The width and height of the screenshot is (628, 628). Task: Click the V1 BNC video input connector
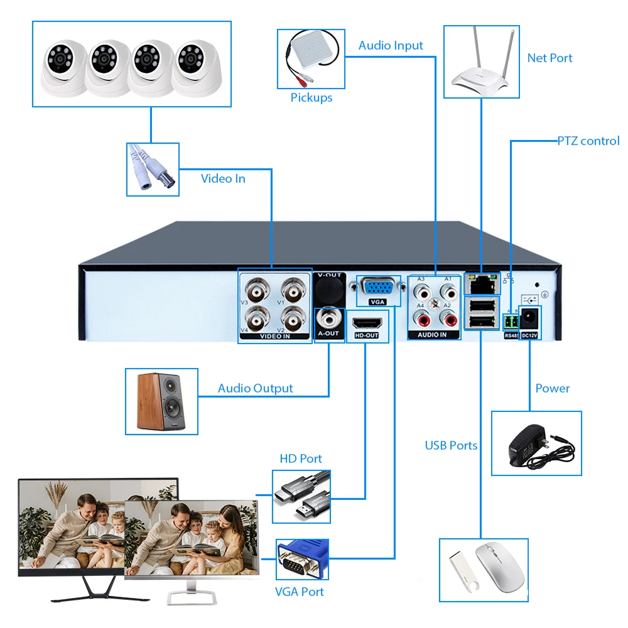pos(292,291)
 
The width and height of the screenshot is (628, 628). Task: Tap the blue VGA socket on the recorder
pos(378,288)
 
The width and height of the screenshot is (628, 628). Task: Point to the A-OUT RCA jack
pos(328,316)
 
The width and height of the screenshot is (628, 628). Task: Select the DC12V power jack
pos(529,317)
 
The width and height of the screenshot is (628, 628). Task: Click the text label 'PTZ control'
pos(588,141)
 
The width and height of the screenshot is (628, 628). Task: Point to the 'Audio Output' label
pos(255,388)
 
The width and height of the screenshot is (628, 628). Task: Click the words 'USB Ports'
pos(451,445)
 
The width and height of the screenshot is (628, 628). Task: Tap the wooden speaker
pos(161,401)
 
